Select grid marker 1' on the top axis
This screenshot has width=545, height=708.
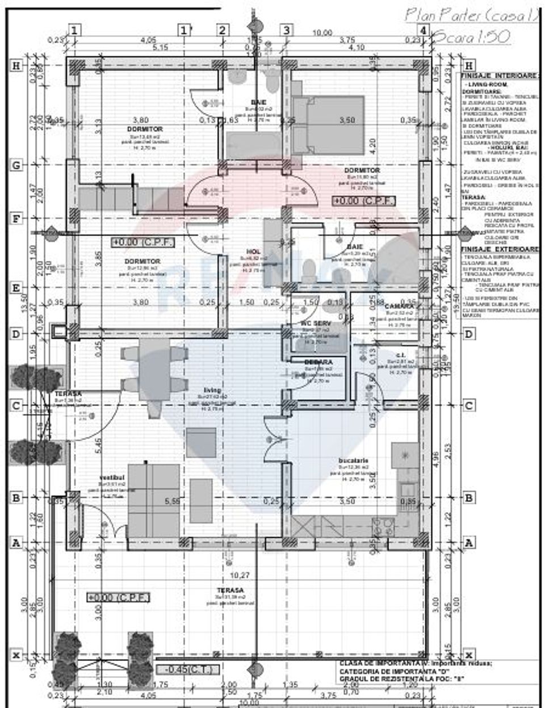[x=184, y=30]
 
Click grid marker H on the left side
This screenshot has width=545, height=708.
[x=16, y=66]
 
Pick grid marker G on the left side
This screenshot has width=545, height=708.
[x=16, y=165]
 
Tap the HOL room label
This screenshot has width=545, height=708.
[x=253, y=252]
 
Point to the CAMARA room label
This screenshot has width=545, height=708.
[x=401, y=307]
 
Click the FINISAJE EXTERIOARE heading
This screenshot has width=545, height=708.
[x=500, y=249]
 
